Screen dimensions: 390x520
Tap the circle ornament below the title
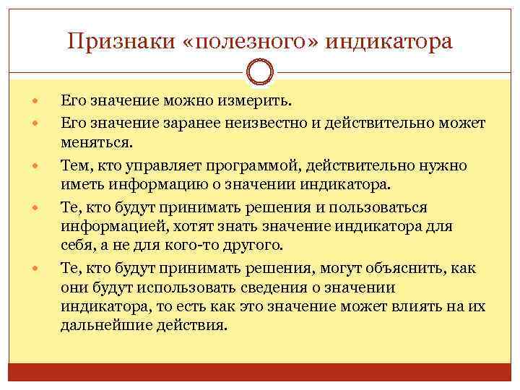[x=260, y=72]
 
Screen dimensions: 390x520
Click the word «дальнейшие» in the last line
[x=106, y=324]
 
